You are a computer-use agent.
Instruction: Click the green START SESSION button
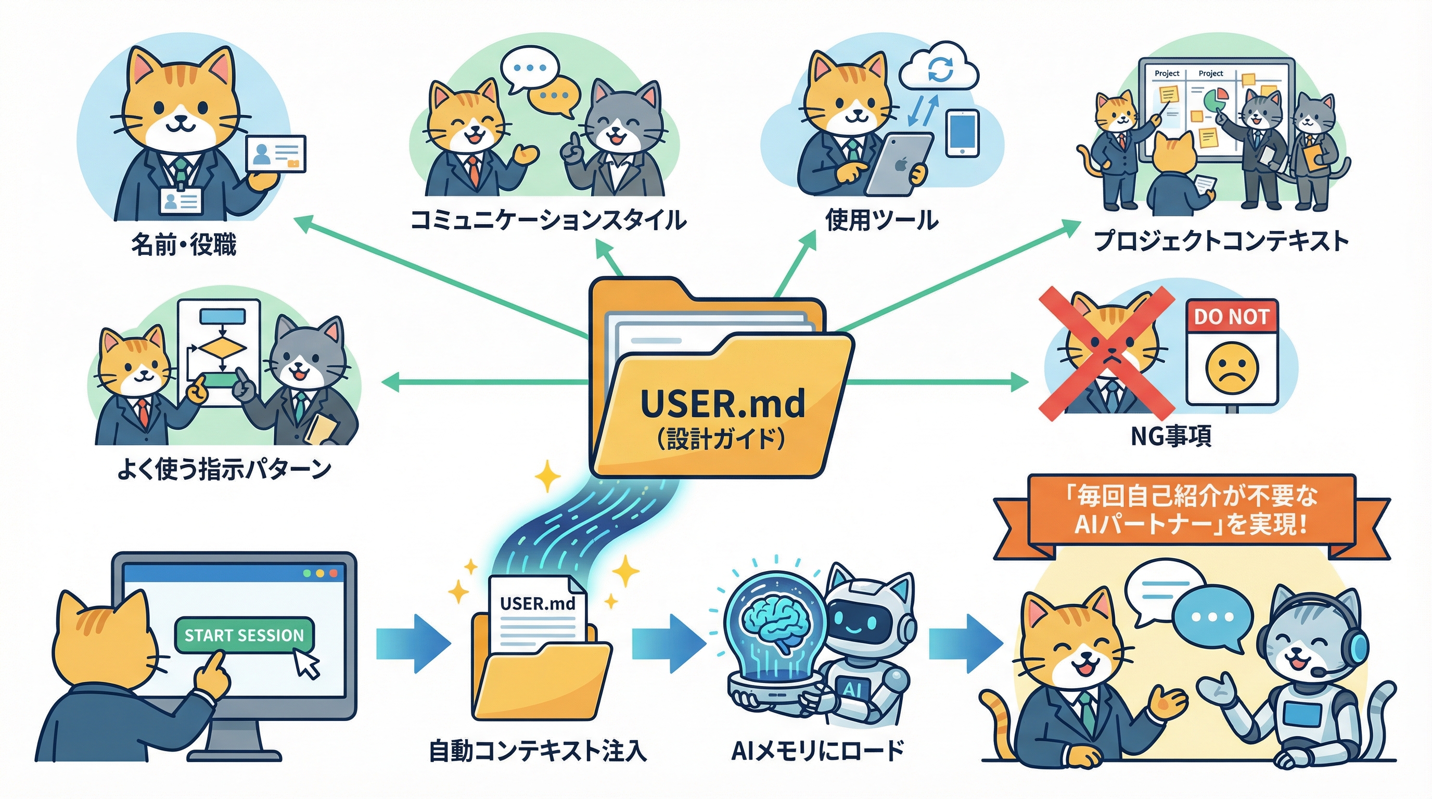coord(244,635)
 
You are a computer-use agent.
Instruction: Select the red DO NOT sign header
coord(1232,317)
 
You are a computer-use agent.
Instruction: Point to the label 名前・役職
coord(184,244)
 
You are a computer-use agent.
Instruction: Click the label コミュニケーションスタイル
coord(547,220)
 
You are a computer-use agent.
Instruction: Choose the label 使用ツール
coord(881,220)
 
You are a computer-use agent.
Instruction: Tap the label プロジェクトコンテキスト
coord(1221,242)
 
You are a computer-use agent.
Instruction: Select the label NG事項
coord(1171,436)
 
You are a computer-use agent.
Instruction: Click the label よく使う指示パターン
coord(223,470)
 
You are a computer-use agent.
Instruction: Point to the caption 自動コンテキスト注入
coord(538,751)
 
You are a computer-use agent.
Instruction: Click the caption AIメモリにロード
coord(817,751)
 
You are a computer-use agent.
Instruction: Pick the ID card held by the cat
coord(276,153)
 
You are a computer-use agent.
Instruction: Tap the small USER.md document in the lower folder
coord(538,611)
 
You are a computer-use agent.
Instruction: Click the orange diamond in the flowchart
coord(222,349)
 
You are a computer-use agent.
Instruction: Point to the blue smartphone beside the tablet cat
coord(962,133)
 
